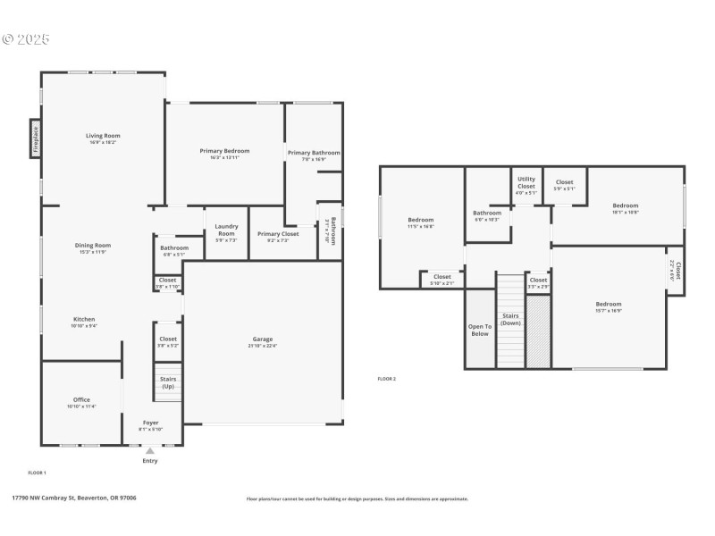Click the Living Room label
pos(103,136)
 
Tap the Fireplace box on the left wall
pos(36,140)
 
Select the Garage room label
pos(263,340)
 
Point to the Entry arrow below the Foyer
pos(149,452)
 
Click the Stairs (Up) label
pos(168,382)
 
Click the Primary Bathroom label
pos(313,153)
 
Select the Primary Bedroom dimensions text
pos(224,157)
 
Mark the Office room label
pos(81,399)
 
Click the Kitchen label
pos(84,319)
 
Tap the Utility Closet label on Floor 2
pos(526,182)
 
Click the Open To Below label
pos(480,330)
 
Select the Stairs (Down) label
pos(510,319)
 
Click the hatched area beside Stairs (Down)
pos(538,331)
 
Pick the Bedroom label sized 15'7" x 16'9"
pos(608,304)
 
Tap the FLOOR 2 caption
pos(386,379)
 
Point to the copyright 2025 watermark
pos(26,39)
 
